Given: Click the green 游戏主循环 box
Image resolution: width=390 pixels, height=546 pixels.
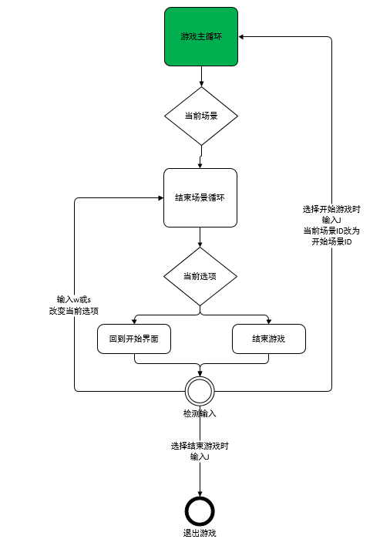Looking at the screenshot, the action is pyautogui.click(x=201, y=36).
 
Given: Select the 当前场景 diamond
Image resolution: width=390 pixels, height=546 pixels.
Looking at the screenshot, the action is pyautogui.click(x=201, y=116).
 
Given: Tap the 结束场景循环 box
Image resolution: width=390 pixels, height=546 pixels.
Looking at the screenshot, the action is pyautogui.click(x=200, y=197).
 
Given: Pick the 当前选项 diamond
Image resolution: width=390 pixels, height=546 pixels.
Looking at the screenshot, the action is pyautogui.click(x=200, y=277).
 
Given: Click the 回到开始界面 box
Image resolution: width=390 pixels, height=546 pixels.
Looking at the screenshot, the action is pyautogui.click(x=134, y=339).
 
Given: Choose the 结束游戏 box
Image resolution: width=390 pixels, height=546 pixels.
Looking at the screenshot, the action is pyautogui.click(x=268, y=339).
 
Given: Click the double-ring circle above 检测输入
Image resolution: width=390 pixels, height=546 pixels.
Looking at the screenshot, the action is pyautogui.click(x=200, y=391).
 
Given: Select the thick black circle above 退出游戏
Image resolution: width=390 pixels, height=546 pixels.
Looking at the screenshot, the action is pyautogui.click(x=200, y=511).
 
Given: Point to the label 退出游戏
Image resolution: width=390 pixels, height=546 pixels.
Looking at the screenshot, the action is pyautogui.click(x=200, y=533).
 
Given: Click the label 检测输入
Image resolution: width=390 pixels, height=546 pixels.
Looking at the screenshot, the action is pyautogui.click(x=200, y=413).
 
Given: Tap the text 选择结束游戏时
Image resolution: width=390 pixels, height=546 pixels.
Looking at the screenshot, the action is pyautogui.click(x=200, y=446).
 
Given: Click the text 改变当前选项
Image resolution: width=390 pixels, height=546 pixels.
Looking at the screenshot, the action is pyautogui.click(x=74, y=311).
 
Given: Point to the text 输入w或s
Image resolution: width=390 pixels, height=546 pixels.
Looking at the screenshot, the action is pyautogui.click(x=74, y=299).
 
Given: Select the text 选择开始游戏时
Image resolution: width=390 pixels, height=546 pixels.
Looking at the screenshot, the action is pyautogui.click(x=331, y=209).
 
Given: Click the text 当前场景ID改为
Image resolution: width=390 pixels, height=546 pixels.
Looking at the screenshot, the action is pyautogui.click(x=331, y=231).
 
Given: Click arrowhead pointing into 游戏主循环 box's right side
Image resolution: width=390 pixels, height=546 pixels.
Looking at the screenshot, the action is pyautogui.click(x=241, y=36).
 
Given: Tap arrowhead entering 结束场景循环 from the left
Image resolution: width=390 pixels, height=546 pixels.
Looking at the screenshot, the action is pyautogui.click(x=161, y=197).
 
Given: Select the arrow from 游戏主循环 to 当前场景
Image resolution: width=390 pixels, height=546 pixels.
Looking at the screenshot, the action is pyautogui.click(x=201, y=76).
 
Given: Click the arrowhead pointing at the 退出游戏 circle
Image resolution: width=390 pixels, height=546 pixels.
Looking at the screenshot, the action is pyautogui.click(x=200, y=494).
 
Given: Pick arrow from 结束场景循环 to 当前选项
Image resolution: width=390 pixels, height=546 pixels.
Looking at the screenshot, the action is pyautogui.click(x=200, y=237).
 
